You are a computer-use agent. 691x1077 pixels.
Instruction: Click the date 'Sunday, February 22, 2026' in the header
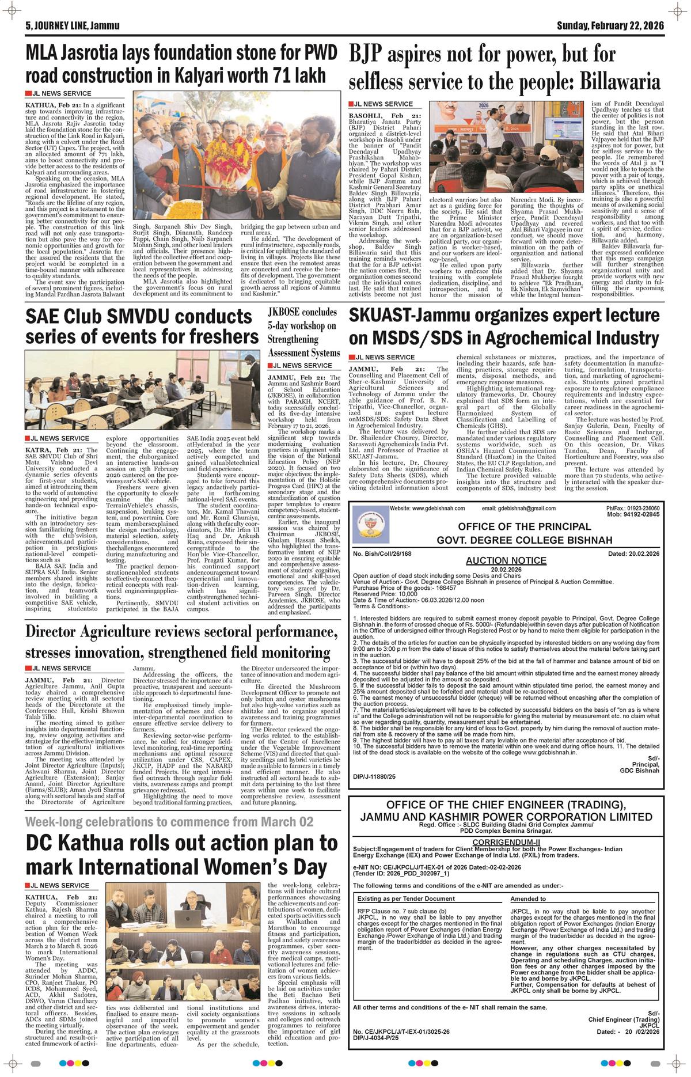[x=610, y=26]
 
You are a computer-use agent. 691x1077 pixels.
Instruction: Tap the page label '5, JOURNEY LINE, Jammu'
[x=69, y=26]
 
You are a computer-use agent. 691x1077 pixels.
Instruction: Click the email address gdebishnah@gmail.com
[x=527, y=509]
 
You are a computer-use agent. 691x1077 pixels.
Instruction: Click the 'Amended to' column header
[x=528, y=898]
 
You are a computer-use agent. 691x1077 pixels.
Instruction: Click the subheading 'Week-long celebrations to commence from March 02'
[x=170, y=821]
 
